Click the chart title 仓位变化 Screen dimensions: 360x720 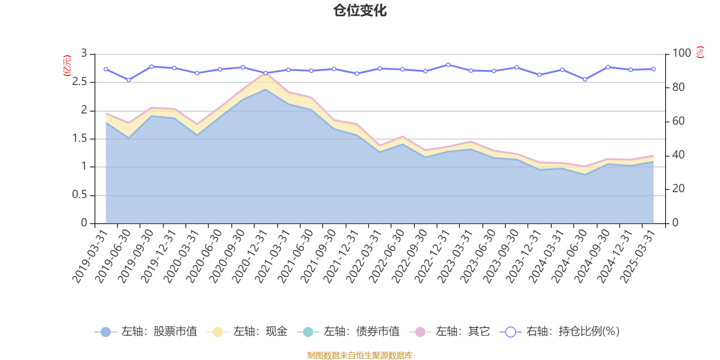coord(360,10)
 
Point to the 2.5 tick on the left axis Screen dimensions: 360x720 coord(80,82)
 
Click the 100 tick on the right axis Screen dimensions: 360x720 coord(681,54)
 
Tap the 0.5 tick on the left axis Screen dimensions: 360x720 coord(80,195)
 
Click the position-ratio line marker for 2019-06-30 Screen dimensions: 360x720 coord(129,80)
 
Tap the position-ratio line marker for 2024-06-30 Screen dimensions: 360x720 coord(585,79)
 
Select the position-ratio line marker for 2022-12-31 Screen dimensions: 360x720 coord(448,65)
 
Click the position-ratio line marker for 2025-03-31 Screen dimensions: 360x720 coord(653,69)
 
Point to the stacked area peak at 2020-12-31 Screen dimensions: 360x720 coord(265,73)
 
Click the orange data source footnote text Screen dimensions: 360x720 coord(360,355)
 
